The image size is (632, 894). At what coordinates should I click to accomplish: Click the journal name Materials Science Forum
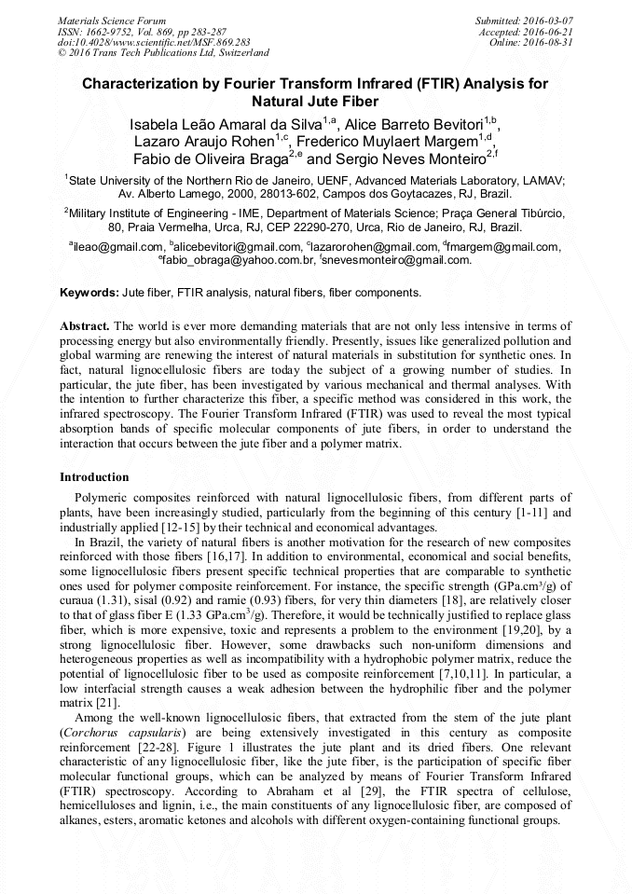point(112,20)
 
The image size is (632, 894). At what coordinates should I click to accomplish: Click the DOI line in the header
point(154,42)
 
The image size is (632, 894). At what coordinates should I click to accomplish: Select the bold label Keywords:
point(89,292)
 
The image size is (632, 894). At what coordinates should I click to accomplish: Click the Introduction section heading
point(94,476)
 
